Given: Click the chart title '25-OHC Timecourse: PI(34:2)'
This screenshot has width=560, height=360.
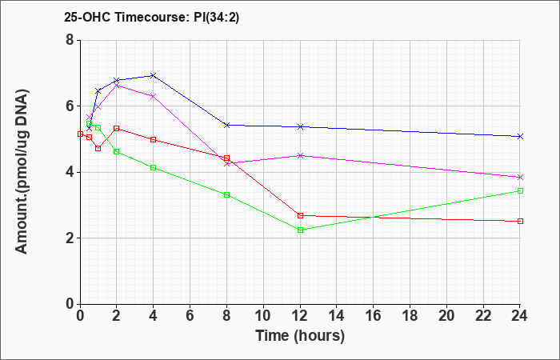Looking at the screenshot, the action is click(151, 17).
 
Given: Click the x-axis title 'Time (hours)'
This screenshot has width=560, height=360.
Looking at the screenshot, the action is click(300, 336).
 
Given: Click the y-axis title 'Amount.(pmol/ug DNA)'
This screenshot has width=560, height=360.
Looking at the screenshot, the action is click(22, 172).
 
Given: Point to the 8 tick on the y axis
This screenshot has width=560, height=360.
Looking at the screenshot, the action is click(70, 40).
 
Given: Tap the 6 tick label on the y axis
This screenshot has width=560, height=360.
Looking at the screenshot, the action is click(70, 106).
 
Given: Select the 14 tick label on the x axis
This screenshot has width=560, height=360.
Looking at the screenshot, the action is click(337, 316).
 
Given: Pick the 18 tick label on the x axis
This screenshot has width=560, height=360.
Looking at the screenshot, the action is click(410, 316).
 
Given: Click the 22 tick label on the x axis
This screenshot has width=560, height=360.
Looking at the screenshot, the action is click(483, 316).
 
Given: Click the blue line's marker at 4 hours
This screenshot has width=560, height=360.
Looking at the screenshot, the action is click(154, 75).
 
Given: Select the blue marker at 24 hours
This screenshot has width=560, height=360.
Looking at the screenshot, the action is click(520, 137).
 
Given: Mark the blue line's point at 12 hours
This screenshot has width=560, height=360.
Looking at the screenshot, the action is click(300, 126).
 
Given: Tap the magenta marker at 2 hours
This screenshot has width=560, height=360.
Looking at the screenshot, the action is click(117, 86).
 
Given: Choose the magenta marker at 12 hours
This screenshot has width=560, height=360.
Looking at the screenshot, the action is click(300, 155).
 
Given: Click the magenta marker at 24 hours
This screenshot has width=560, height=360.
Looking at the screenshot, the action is click(520, 177).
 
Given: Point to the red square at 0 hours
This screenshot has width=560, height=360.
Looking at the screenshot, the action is click(80, 134).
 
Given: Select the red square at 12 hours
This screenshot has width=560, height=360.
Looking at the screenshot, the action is click(300, 215).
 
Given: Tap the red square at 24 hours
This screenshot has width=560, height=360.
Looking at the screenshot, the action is click(520, 221).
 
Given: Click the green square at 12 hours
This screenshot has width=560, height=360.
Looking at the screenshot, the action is click(300, 230).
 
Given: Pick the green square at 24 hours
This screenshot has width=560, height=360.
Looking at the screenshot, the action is click(520, 190).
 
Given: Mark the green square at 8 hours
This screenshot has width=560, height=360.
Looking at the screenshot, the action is click(226, 194).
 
